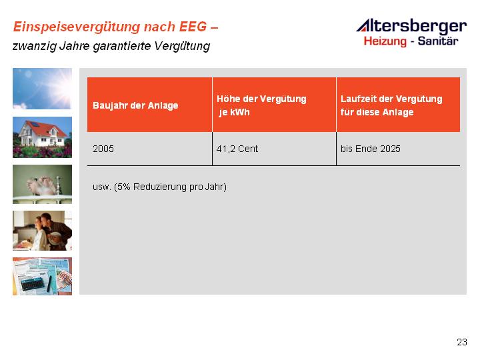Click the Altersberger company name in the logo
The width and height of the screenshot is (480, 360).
(411, 27)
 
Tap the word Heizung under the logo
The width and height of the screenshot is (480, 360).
(385, 41)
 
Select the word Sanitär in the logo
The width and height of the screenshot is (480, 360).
(438, 41)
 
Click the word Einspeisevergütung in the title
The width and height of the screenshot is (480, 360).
(77, 27)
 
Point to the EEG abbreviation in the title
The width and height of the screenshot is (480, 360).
(193, 27)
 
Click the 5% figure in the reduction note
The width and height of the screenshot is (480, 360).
(124, 187)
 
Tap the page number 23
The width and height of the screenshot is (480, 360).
(462, 342)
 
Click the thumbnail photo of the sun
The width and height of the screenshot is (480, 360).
(42, 89)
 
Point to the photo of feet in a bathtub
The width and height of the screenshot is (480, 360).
(42, 184)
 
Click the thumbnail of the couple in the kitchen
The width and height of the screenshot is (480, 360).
(42, 231)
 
